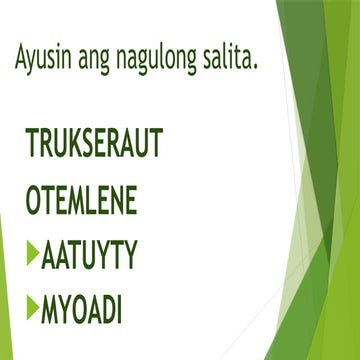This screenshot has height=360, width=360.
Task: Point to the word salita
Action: pos(229,60)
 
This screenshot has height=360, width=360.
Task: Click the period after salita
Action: pos(256,68)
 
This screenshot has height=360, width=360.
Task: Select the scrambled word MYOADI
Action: pos(81,309)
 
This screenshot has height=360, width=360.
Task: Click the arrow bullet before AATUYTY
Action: pos(33,255)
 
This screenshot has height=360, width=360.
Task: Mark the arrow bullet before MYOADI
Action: pos(33,308)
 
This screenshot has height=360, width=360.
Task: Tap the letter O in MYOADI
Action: pos(78,309)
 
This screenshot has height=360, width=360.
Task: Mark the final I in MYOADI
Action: pos(120,309)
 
